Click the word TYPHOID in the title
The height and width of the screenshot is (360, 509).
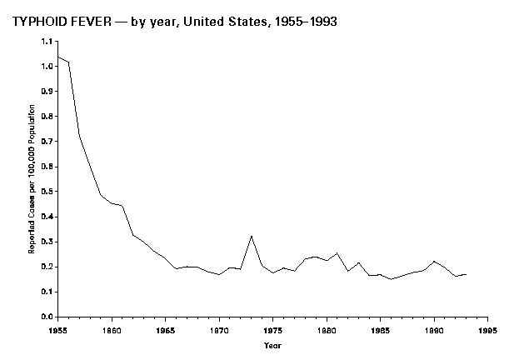click(x=40, y=22)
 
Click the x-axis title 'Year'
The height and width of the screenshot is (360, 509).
click(x=272, y=344)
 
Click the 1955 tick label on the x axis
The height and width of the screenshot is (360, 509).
click(x=57, y=330)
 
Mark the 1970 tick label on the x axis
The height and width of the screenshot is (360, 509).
click(x=218, y=330)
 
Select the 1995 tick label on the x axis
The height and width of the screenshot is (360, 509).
click(x=487, y=330)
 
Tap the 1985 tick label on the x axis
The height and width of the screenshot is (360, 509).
click(x=380, y=330)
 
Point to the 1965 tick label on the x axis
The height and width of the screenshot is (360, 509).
click(x=165, y=330)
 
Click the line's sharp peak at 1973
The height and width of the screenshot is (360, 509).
click(x=251, y=236)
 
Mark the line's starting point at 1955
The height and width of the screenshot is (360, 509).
click(x=57, y=57)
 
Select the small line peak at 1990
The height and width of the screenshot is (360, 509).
click(x=433, y=262)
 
